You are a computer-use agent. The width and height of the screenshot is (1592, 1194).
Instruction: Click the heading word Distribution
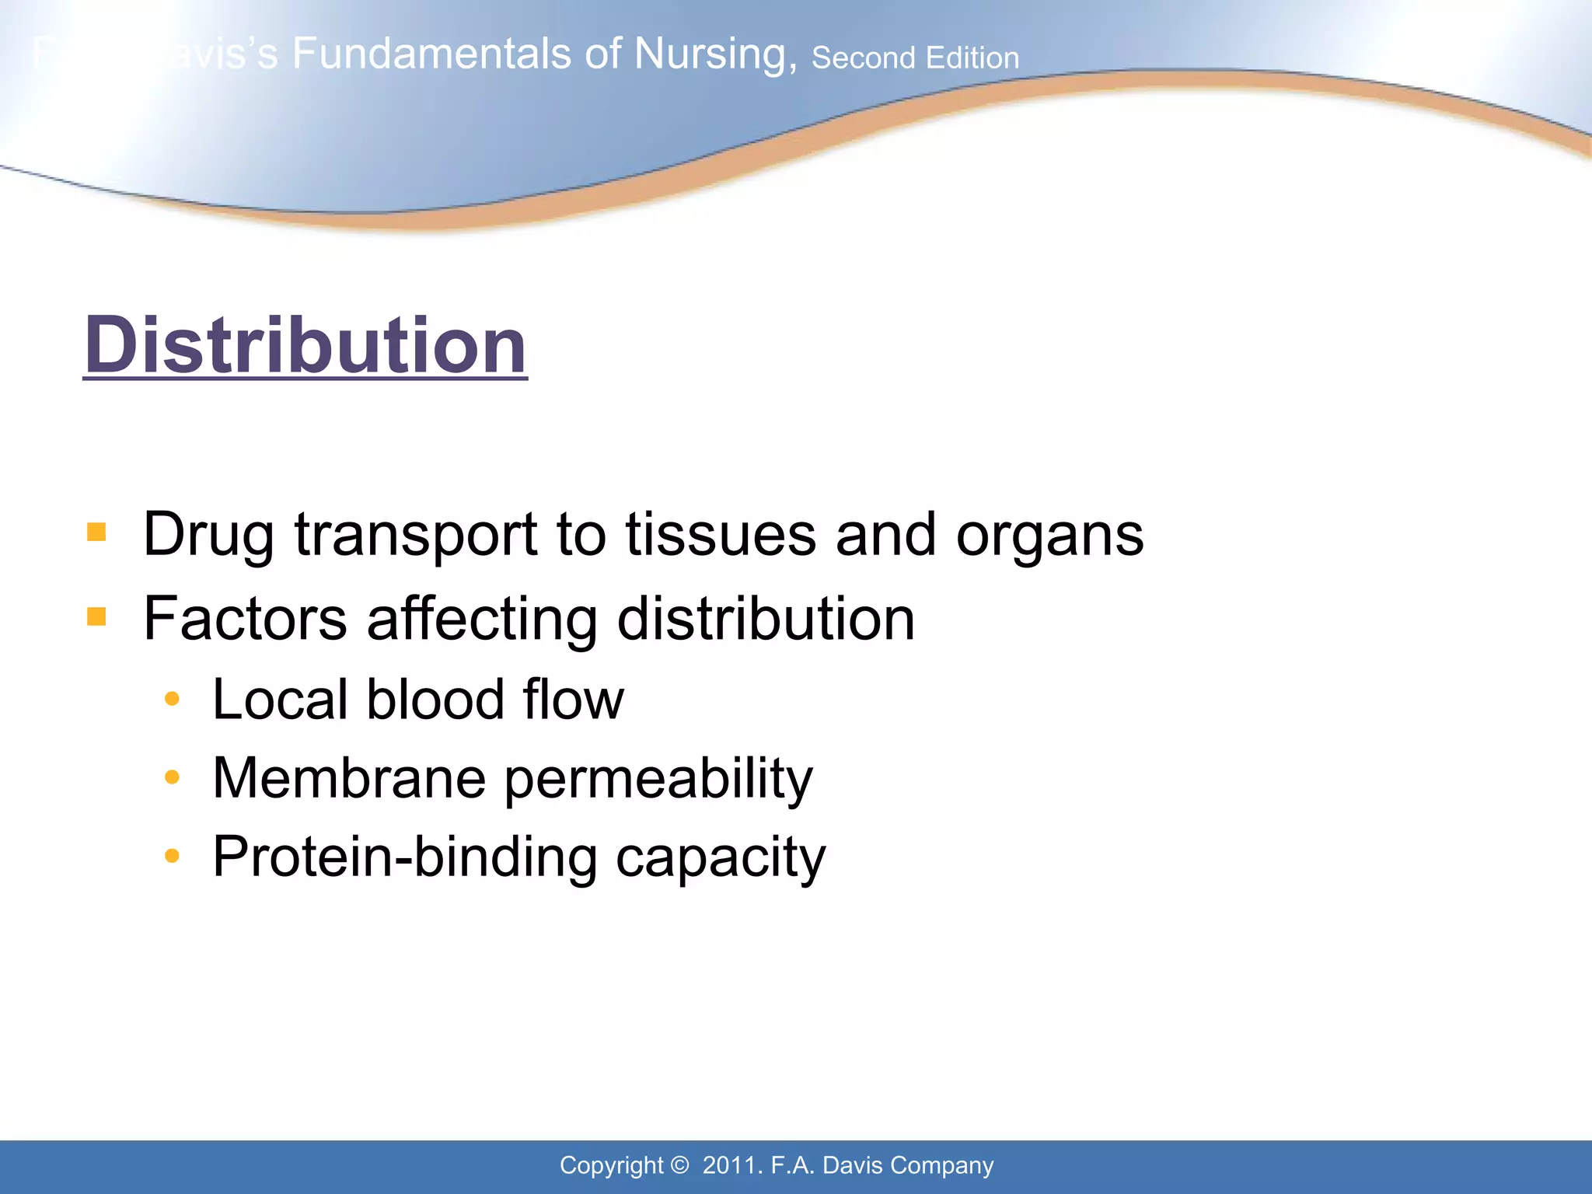point(305,345)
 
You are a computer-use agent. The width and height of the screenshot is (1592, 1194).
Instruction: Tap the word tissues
point(721,535)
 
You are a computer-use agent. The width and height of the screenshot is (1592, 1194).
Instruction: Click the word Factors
point(245,620)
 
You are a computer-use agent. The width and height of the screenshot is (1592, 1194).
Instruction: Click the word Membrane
point(349,778)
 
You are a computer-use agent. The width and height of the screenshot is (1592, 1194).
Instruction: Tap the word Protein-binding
point(404,857)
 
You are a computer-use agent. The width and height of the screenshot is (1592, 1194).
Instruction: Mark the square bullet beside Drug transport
point(96,532)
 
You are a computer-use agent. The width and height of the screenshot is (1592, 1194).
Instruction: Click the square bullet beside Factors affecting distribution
point(96,617)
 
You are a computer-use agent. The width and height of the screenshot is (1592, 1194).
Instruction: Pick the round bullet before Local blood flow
point(172,699)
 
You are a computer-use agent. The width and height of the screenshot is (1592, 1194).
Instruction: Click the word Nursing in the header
point(714,54)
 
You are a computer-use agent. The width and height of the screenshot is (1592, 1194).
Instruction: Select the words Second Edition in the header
point(915,58)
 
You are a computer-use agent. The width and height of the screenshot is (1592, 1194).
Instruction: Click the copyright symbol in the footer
point(679,1165)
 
